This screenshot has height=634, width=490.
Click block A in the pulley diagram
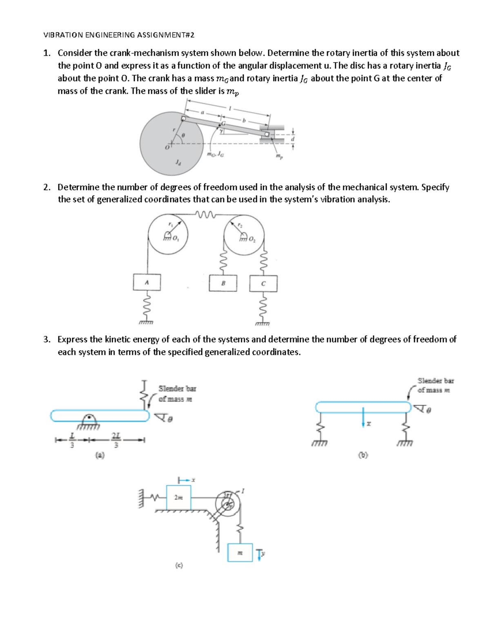(x=147, y=282)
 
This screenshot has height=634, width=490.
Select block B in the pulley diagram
(x=223, y=283)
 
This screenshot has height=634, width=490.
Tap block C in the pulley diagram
(x=263, y=283)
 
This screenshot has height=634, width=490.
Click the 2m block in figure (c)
(x=178, y=497)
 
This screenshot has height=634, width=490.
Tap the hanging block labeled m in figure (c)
(x=240, y=553)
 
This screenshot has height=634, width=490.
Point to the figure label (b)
(x=363, y=455)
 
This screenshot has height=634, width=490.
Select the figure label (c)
(x=178, y=565)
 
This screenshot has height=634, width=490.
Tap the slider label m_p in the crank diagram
(x=278, y=156)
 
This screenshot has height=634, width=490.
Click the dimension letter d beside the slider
(x=292, y=138)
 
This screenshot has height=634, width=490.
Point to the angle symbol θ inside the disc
(x=183, y=135)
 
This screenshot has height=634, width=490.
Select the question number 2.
(x=47, y=187)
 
